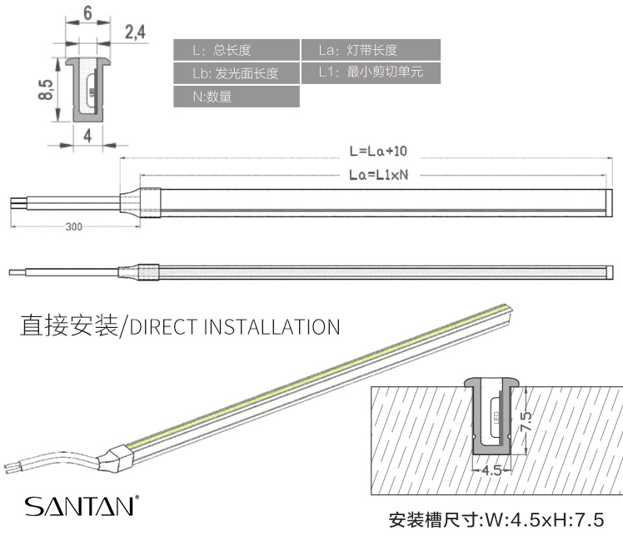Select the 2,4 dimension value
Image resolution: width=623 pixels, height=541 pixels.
pos(135,32)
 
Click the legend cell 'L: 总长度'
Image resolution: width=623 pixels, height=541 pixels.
pos(237,50)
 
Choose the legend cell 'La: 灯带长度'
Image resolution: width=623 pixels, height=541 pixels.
pos(369,50)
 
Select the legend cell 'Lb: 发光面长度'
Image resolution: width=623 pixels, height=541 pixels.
pos(237,73)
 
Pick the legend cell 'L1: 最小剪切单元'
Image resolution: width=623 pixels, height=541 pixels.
pos(369,72)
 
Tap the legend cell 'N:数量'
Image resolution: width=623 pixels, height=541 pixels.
pos(237,97)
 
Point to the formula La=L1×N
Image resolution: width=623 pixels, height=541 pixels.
pos(378,175)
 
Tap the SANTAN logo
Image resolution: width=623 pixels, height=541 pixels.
pos(80,506)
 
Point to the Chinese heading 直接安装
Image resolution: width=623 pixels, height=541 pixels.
pos(68,325)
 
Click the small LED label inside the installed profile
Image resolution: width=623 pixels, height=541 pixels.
pos(496,414)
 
